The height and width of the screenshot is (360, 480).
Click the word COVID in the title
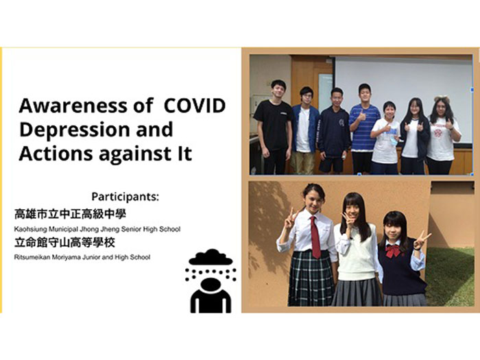(195, 106)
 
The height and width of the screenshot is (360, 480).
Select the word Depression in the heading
(73, 130)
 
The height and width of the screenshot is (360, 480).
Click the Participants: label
(125, 197)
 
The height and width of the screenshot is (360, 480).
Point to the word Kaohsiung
(31, 229)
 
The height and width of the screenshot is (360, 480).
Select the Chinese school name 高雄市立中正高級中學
(70, 214)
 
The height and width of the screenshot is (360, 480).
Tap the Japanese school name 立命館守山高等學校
(64, 243)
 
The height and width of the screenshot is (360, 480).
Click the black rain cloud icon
(211, 257)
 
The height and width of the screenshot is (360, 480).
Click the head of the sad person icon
(211, 284)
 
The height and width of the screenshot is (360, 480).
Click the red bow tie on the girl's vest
(394, 251)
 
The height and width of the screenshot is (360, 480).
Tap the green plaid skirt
(311, 278)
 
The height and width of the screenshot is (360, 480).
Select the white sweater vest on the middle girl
(357, 252)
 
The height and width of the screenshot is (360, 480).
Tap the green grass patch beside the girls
(451, 276)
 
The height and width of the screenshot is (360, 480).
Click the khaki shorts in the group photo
(302, 163)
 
